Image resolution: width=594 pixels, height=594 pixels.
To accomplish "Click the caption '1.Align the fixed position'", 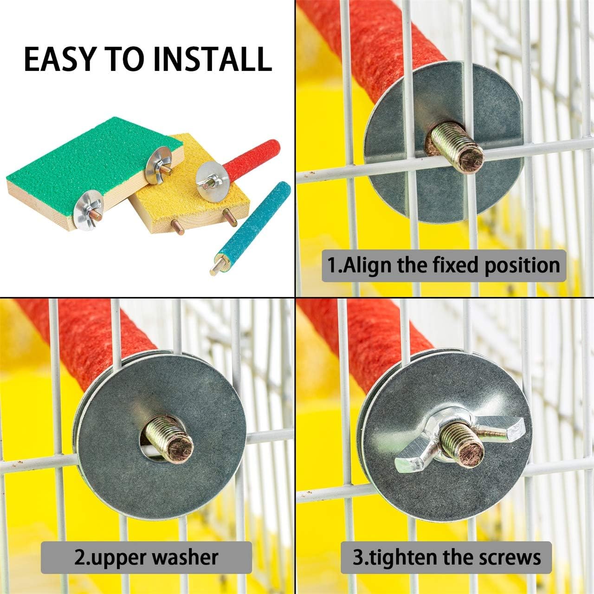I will (444, 265).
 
